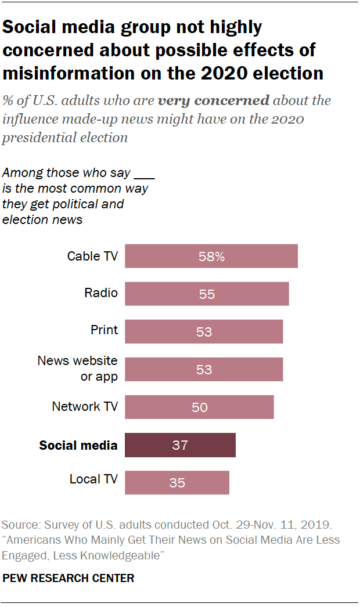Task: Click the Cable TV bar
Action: click(211, 256)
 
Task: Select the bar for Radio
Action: click(207, 294)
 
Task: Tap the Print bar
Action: click(204, 332)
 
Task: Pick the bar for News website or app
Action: click(204, 370)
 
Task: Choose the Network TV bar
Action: click(199, 407)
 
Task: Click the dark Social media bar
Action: click(180, 445)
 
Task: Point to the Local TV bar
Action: click(177, 483)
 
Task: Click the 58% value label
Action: click(211, 256)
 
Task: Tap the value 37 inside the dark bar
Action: click(180, 446)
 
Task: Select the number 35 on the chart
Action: click(177, 483)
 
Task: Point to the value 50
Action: click(199, 407)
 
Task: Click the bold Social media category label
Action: click(78, 446)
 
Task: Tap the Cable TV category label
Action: click(92, 256)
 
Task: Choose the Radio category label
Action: click(101, 293)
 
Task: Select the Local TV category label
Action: click(93, 479)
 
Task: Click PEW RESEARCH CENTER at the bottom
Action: click(69, 578)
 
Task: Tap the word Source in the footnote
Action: click(20, 525)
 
